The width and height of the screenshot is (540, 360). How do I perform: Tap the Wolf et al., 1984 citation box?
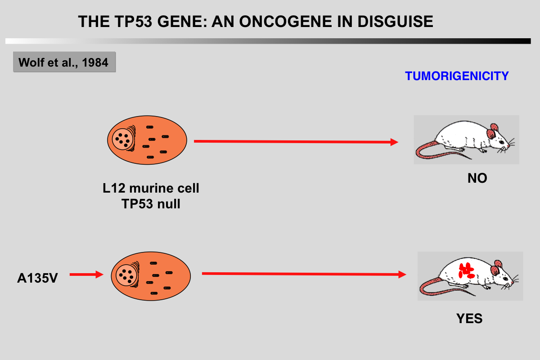point(64,62)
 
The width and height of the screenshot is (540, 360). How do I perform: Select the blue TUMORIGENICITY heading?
point(457,76)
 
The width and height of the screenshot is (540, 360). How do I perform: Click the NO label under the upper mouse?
point(477,179)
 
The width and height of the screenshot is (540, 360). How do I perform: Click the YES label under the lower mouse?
point(469,319)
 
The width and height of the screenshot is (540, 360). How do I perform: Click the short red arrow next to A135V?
point(86,274)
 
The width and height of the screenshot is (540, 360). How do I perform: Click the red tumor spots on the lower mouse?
point(466,270)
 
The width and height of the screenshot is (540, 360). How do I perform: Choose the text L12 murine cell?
point(150,188)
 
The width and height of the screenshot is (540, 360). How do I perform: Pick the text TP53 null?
point(150,204)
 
